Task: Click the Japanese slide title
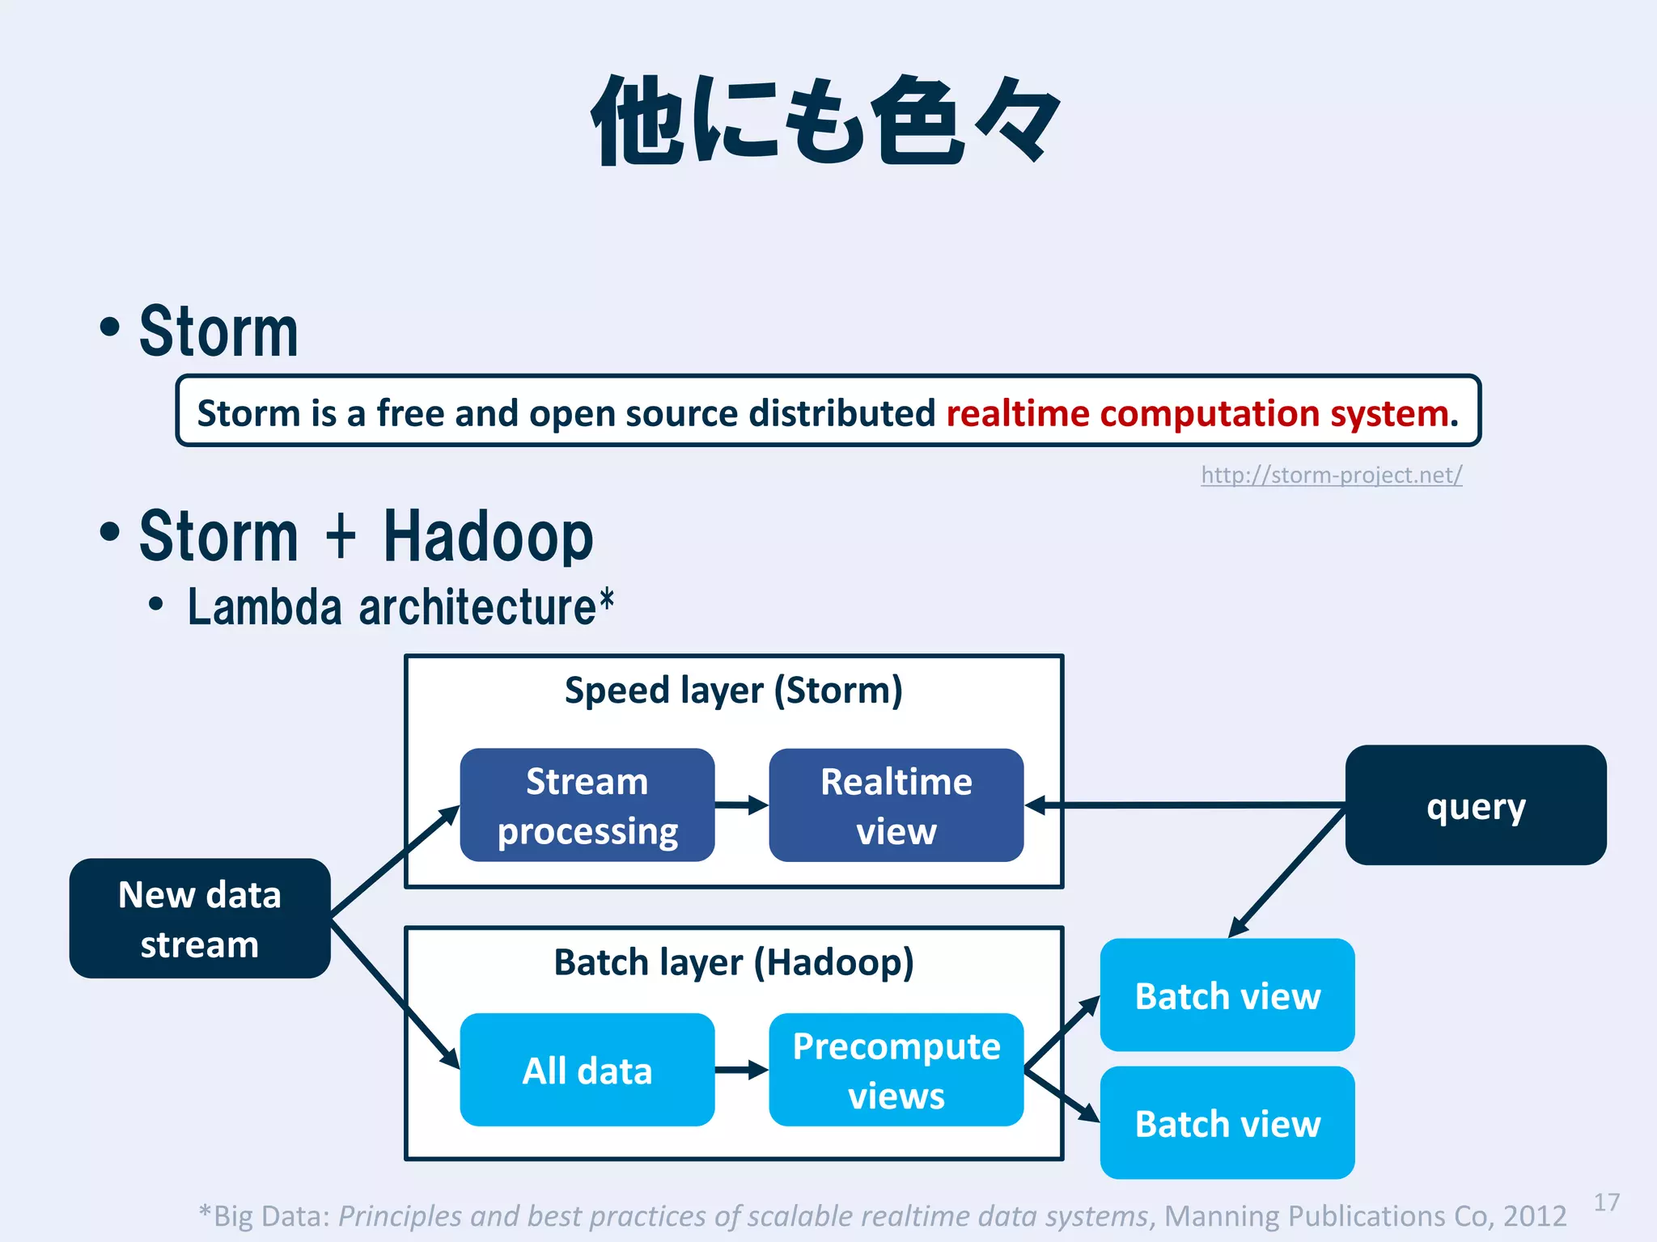click(825, 121)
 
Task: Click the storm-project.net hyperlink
click(1331, 475)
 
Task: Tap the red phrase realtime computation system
click(1201, 413)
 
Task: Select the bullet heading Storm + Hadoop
click(366, 537)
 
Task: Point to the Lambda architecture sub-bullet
click(400, 607)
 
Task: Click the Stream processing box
click(587, 805)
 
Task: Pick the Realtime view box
click(896, 805)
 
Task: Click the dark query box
click(1475, 805)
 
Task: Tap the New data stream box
click(200, 919)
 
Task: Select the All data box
click(587, 1070)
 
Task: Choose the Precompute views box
click(896, 1070)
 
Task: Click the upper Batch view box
click(1227, 995)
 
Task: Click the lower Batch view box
click(1227, 1123)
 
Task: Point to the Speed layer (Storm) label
click(733, 691)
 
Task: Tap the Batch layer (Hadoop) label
click(733, 962)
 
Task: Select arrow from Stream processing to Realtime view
click(741, 805)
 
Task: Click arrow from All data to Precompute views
click(741, 1070)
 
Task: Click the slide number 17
click(1606, 1202)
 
